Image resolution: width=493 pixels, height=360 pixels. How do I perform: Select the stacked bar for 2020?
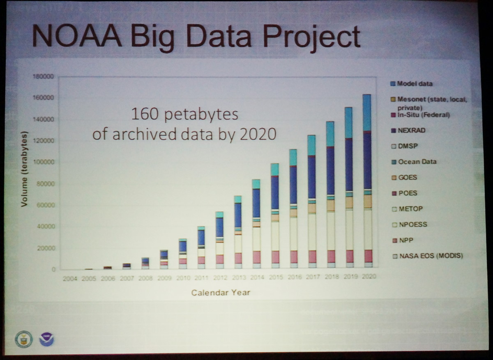click(366, 181)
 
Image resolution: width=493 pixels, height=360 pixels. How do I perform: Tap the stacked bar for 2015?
click(274, 216)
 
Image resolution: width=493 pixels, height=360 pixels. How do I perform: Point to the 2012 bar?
click(219, 240)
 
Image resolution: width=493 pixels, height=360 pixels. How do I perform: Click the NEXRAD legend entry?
click(411, 131)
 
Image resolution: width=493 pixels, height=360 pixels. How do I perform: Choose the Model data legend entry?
click(415, 84)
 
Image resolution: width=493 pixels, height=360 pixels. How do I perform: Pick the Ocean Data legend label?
click(417, 162)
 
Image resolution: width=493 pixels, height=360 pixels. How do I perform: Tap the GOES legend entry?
click(407, 178)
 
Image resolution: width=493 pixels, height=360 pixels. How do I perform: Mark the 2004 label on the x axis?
click(70, 278)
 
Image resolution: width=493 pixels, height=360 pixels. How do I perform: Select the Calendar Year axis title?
click(221, 293)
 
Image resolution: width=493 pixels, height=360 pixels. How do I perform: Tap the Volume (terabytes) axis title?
click(25, 169)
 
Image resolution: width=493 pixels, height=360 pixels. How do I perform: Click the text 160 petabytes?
click(184, 114)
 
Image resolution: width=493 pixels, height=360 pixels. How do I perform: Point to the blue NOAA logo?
click(46, 339)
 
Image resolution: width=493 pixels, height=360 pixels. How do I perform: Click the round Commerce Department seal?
click(23, 339)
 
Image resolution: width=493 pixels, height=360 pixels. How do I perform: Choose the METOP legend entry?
click(410, 209)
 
